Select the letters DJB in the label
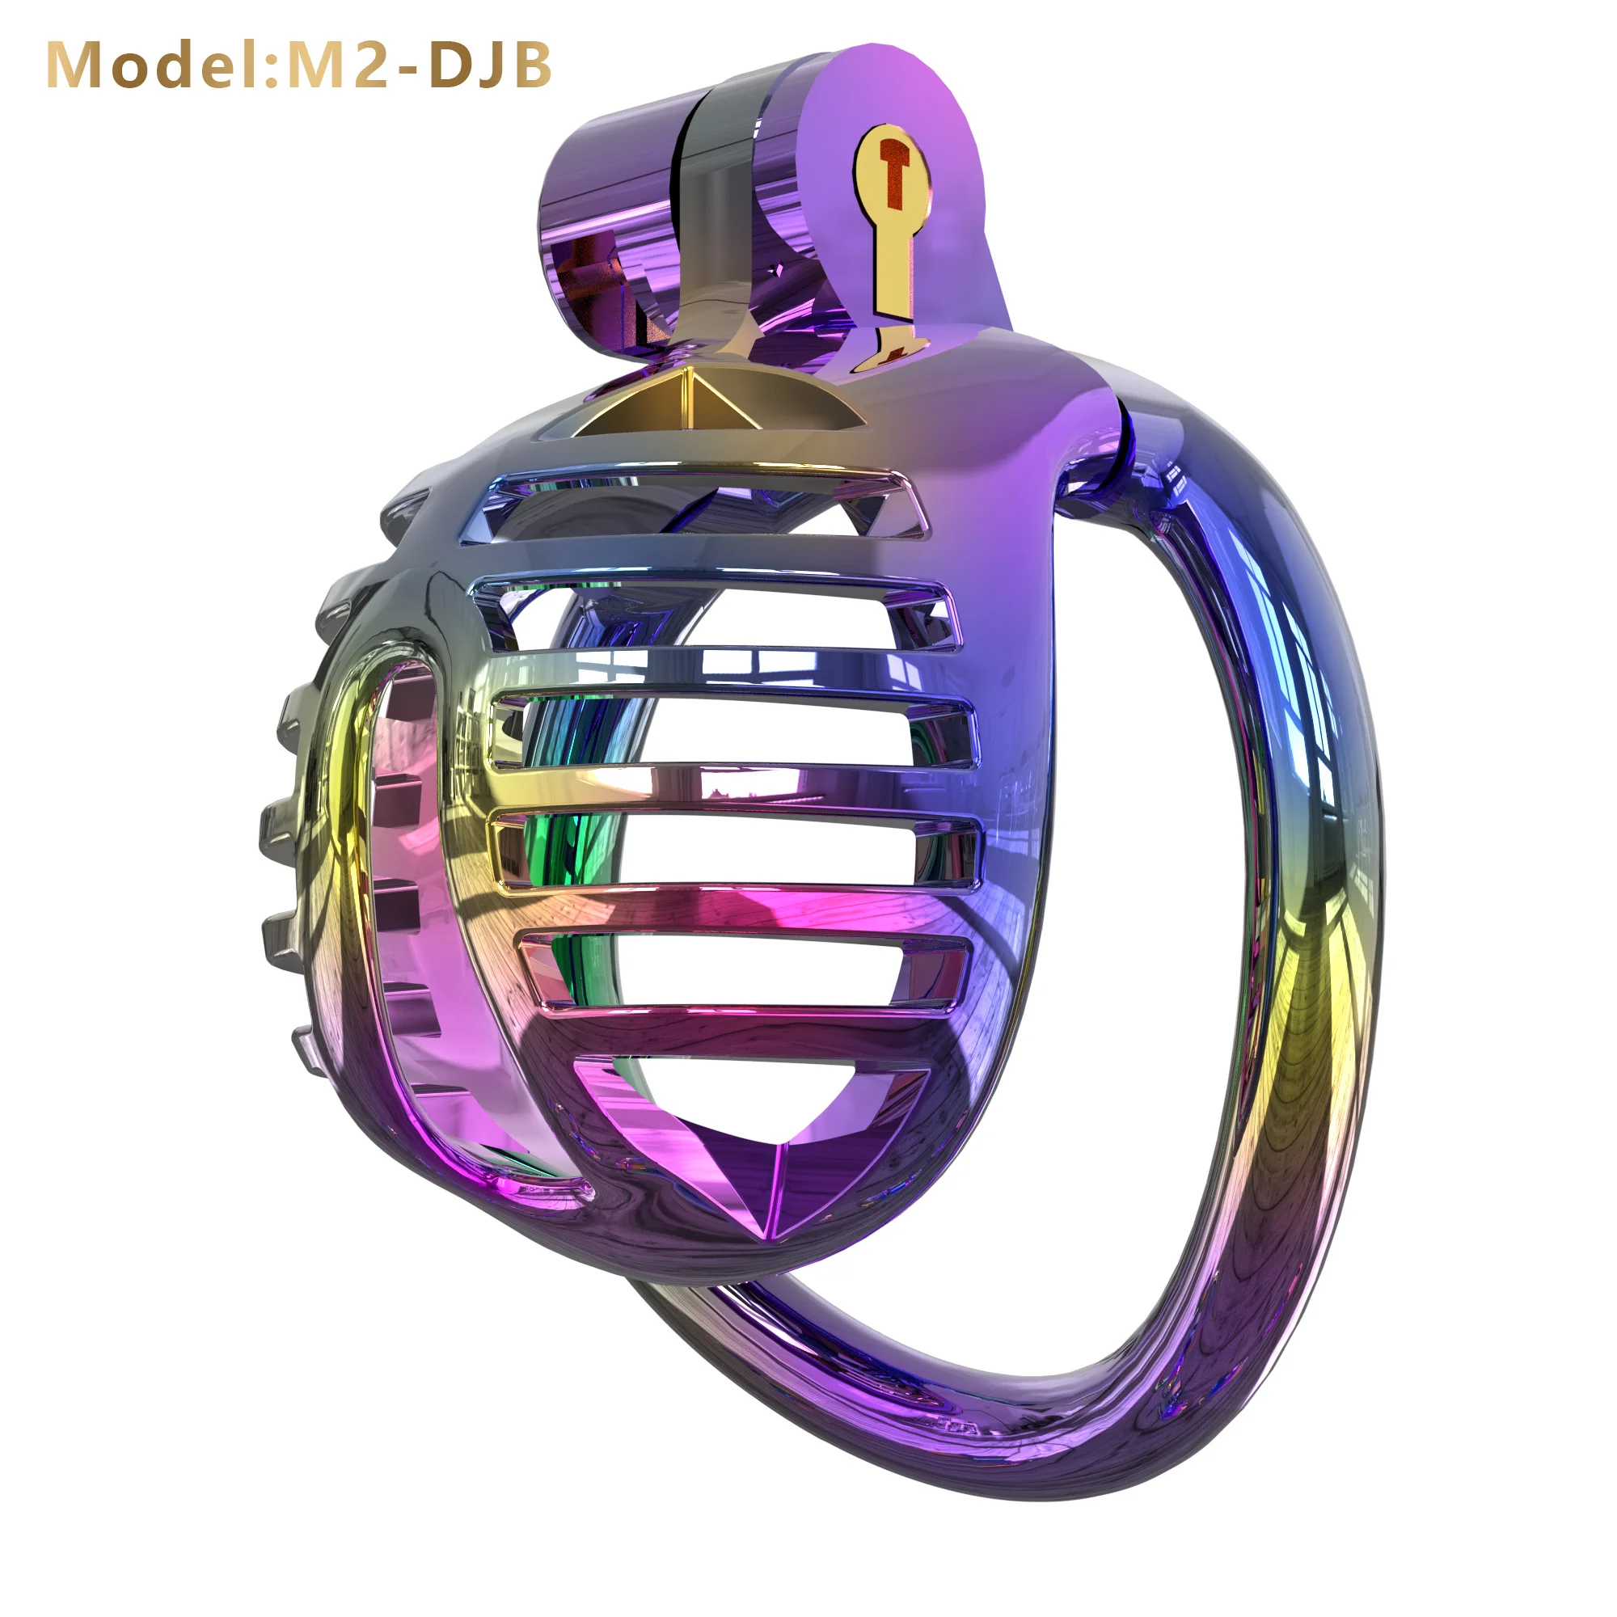(491, 65)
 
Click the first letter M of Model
(78, 65)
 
